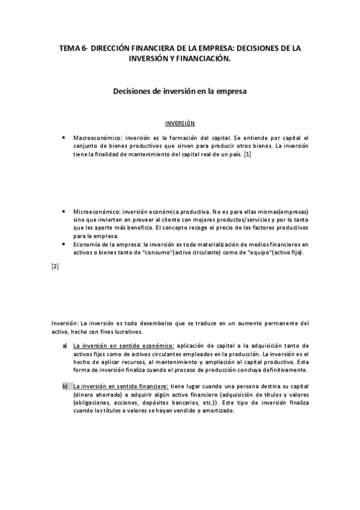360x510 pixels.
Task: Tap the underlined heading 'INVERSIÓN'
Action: click(180, 123)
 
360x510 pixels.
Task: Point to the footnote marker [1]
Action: click(246, 155)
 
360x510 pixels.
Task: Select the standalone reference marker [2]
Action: click(55, 266)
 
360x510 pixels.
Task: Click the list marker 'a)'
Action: click(65, 346)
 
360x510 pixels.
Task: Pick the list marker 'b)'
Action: click(65, 386)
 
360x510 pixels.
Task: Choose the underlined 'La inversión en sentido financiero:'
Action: click(120, 386)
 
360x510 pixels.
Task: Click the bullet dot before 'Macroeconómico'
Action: click(64, 138)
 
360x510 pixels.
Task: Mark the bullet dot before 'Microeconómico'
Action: click(64, 212)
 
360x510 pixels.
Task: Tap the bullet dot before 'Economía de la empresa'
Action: click(64, 244)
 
